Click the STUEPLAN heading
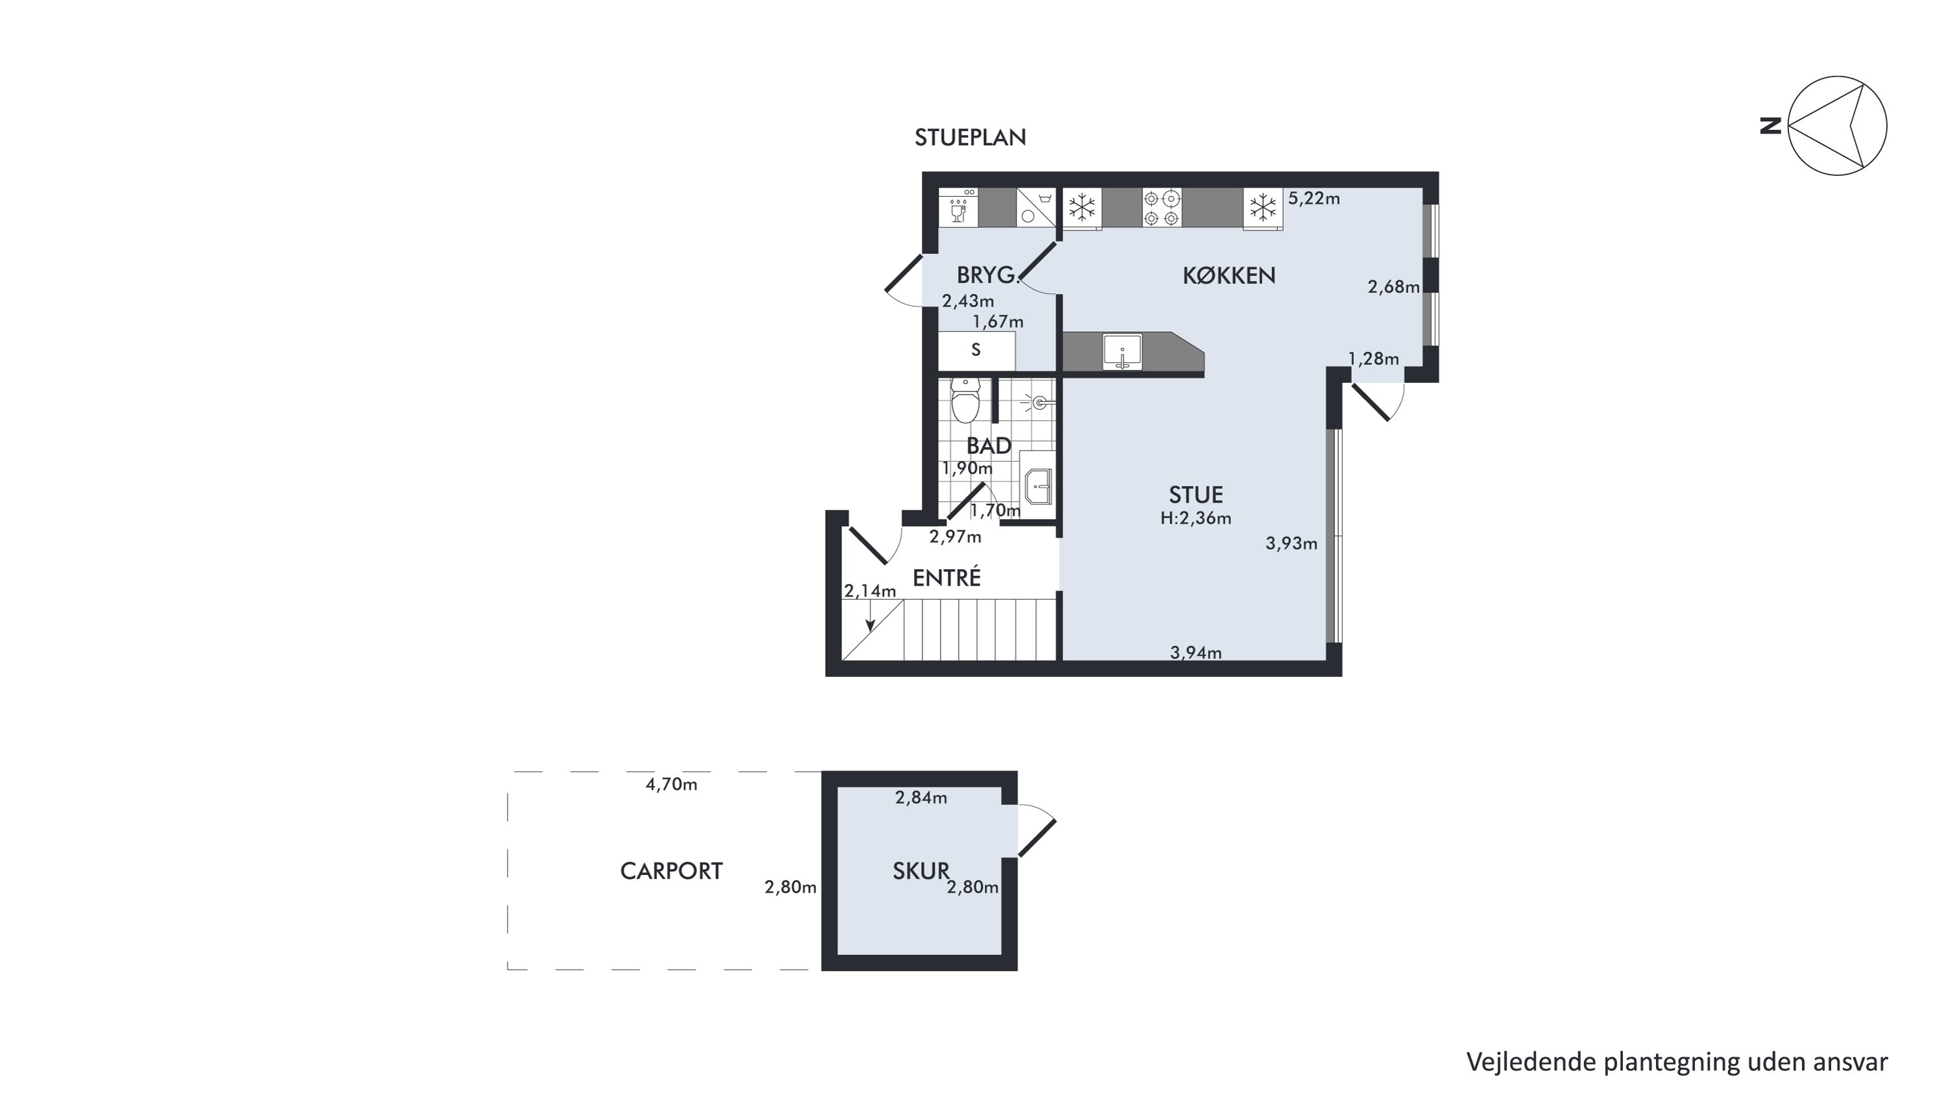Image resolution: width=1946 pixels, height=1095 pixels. (x=970, y=138)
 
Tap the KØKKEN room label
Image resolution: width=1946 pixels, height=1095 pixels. (x=1229, y=276)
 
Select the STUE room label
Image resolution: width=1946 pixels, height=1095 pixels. (x=1196, y=495)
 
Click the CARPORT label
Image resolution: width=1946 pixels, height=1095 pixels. (x=671, y=871)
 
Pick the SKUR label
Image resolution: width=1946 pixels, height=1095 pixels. (x=920, y=871)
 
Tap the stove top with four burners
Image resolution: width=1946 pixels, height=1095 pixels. (x=1162, y=208)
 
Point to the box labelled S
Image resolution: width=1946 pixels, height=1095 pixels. (x=976, y=350)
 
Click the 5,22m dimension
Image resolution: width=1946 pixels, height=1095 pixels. (x=1314, y=198)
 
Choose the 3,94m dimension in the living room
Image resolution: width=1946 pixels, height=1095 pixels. (x=1196, y=652)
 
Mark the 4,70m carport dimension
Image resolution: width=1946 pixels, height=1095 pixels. (x=671, y=784)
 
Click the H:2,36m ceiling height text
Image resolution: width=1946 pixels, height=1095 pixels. (x=1196, y=519)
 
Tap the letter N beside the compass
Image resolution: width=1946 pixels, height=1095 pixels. (x=1771, y=125)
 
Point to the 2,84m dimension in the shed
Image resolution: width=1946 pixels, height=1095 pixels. (x=921, y=797)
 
